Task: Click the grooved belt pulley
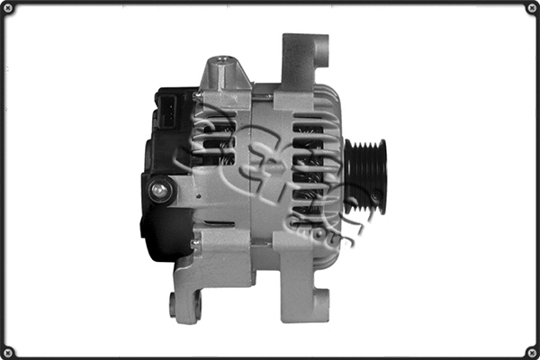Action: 364,176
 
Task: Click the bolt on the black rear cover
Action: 161,189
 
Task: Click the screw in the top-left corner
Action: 8,8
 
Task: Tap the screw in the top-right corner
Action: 532,8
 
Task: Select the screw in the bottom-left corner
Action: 8,352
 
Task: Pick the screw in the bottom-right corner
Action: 532,352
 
